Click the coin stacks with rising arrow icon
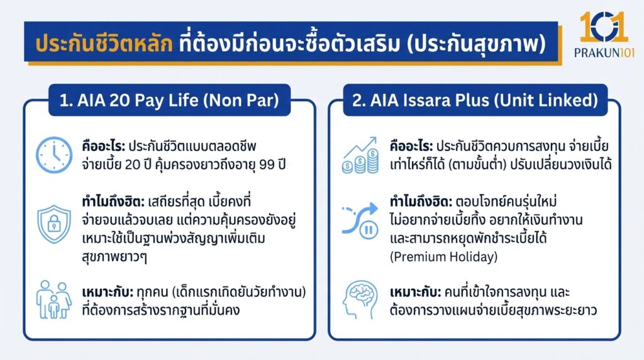[359, 155]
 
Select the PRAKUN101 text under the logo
[602, 53]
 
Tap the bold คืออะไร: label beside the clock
[101, 147]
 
